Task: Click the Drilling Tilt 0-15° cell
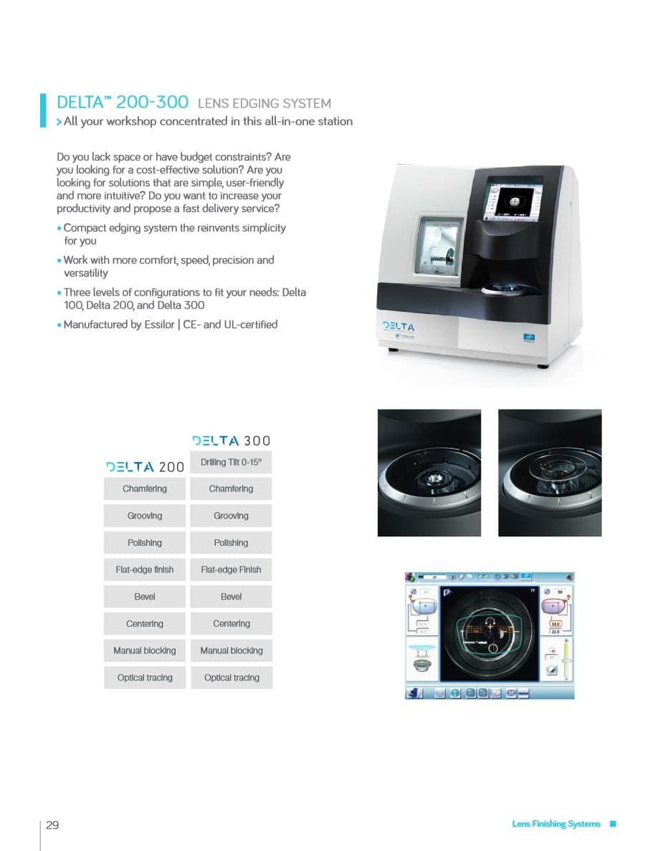pos(231,462)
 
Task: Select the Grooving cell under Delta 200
pos(145,516)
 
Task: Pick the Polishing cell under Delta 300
pos(231,543)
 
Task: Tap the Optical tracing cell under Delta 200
pos(145,678)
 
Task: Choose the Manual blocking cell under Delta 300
pos(231,650)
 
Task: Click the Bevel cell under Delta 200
pos(145,597)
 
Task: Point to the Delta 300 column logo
pos(231,441)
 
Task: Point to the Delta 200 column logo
pos(145,467)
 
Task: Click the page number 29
pos(52,824)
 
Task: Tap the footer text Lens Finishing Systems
pos(556,824)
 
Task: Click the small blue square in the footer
pos(612,824)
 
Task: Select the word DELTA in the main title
pos(80,102)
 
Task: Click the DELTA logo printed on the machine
pos(399,326)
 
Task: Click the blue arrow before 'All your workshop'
pos(59,122)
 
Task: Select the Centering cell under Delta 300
pos(231,624)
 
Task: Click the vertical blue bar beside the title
pos(43,110)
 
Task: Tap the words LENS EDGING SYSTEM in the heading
pos(264,104)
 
